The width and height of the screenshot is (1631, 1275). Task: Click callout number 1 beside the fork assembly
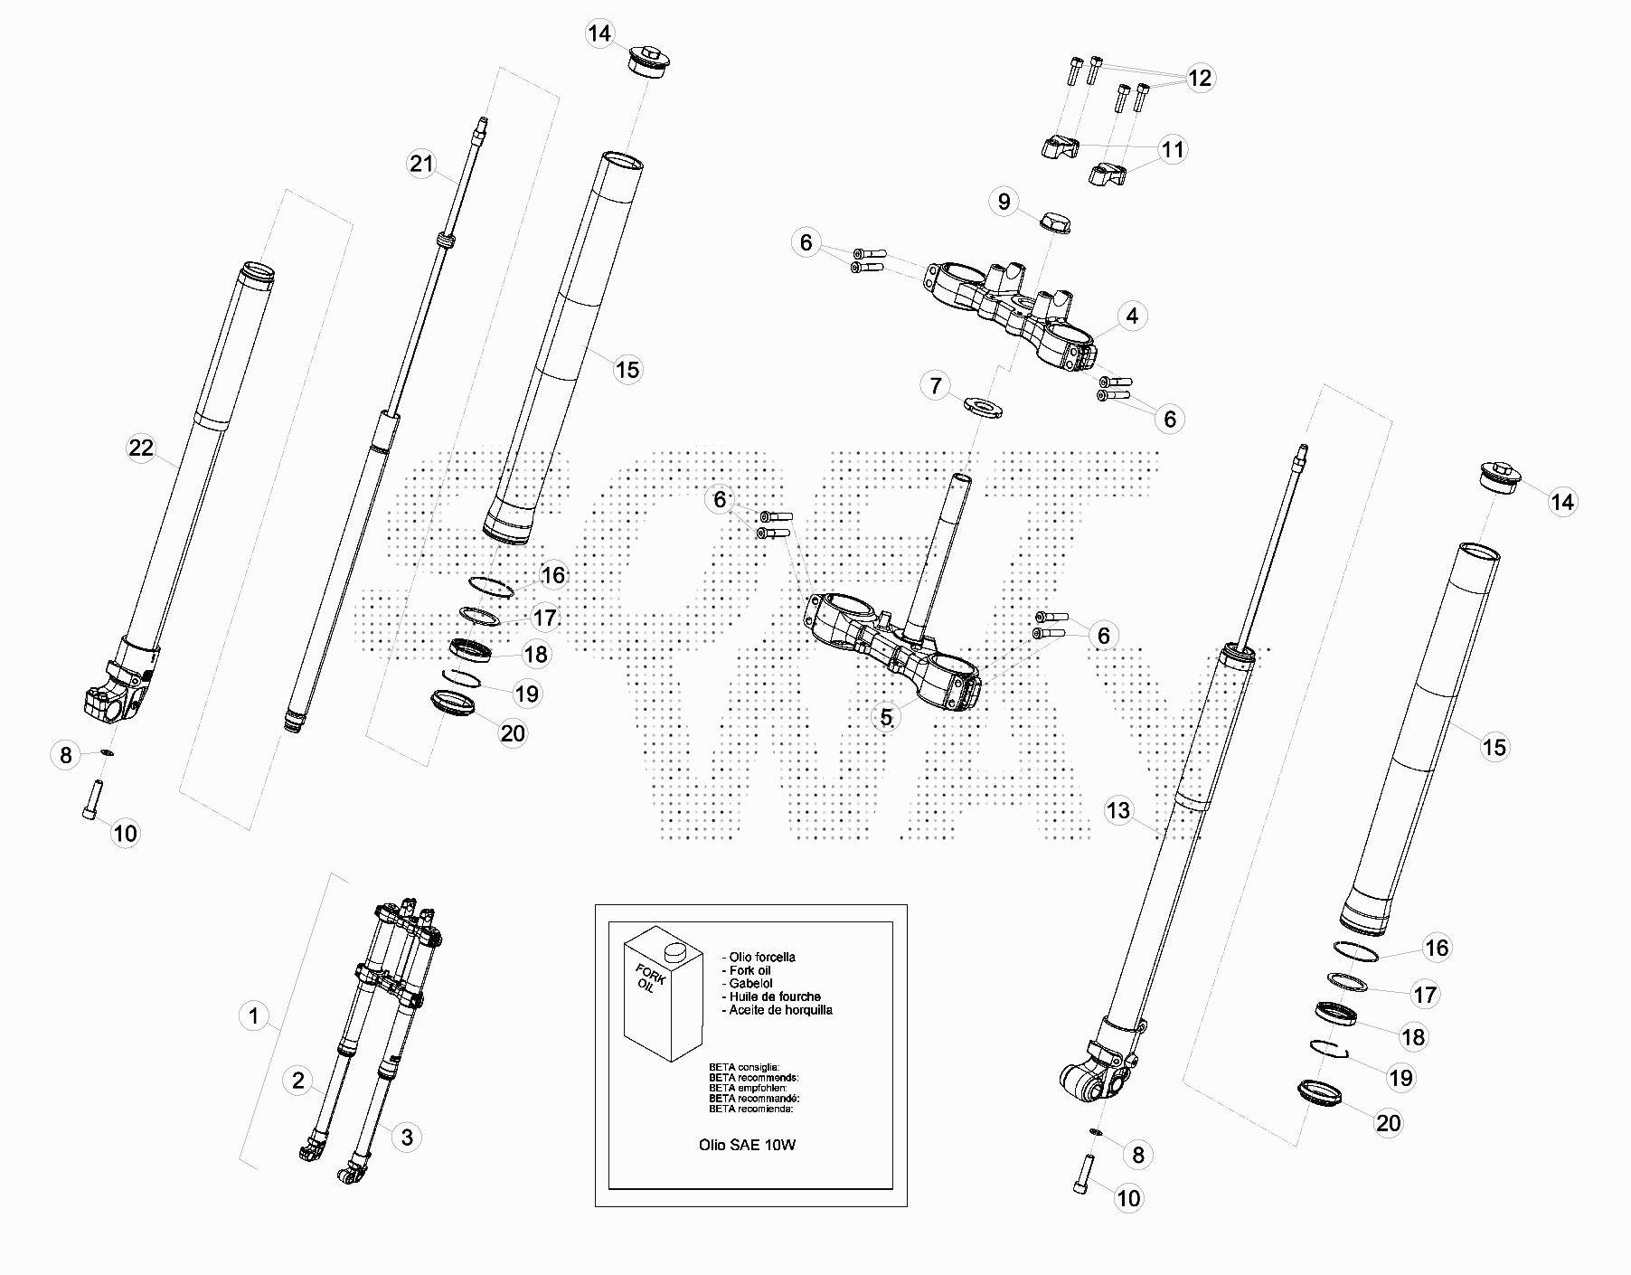point(254,1016)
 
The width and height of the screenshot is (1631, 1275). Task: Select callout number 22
point(141,449)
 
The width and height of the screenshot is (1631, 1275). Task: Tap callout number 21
point(421,165)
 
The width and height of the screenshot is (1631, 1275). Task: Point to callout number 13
point(1118,810)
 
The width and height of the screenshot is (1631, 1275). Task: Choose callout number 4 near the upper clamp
point(1132,316)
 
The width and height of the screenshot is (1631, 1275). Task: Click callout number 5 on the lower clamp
point(886,717)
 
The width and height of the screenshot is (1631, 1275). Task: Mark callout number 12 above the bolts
point(1199,79)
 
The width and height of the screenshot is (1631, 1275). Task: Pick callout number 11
point(1172,149)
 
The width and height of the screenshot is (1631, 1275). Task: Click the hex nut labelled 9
point(1055,221)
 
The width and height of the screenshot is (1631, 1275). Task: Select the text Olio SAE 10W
point(747,1145)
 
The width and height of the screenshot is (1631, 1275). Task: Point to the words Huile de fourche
point(775,996)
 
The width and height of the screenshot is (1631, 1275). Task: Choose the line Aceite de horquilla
point(780,1010)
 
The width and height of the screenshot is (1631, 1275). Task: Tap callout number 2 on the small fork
point(298,1081)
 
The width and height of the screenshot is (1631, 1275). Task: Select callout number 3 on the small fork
point(407,1138)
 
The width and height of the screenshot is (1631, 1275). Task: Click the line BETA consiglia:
point(744,1067)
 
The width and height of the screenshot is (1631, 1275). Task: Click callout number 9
point(1004,201)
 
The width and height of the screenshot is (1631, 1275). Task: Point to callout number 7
point(936,386)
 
